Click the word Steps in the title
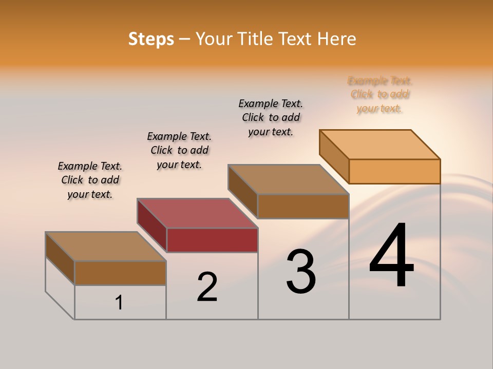click(x=151, y=39)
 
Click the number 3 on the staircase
click(x=301, y=272)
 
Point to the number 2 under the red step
click(x=207, y=286)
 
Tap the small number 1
click(x=119, y=303)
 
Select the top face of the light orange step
click(x=380, y=144)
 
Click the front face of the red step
click(x=212, y=240)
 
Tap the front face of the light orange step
click(x=394, y=171)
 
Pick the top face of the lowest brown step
click(x=106, y=247)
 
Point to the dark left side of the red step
click(x=151, y=225)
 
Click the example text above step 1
click(x=90, y=180)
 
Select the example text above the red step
click(x=179, y=150)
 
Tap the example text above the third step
click(x=271, y=117)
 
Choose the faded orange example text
click(x=380, y=94)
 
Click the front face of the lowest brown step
click(x=120, y=273)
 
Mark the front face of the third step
click(x=303, y=207)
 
